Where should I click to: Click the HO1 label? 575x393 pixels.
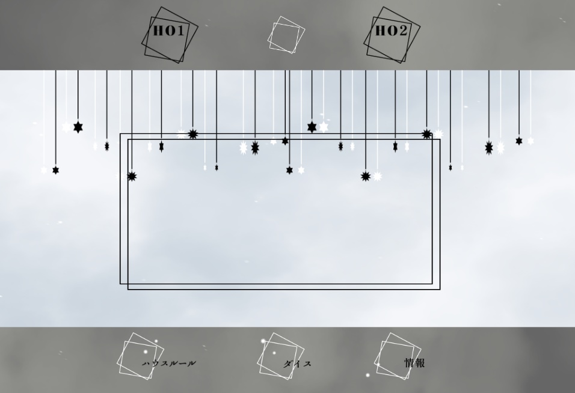[168, 31]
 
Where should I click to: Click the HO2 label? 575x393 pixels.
[392, 31]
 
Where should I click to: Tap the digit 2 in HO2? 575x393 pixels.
[403, 31]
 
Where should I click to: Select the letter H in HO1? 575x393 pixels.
[158, 31]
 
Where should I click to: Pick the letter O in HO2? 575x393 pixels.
[392, 31]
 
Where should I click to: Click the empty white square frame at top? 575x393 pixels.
[286, 35]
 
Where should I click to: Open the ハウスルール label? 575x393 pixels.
[169, 364]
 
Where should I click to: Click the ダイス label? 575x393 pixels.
[297, 364]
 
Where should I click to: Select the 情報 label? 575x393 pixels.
[415, 363]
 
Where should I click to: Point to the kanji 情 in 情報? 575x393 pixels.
[410, 363]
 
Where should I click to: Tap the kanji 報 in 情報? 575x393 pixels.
[420, 363]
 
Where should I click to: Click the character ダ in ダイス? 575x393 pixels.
[288, 364]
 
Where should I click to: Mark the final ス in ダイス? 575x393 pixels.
[307, 364]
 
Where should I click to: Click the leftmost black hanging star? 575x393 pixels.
[55, 170]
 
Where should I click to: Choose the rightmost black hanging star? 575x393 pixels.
[518, 141]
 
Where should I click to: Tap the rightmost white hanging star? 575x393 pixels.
[530, 141]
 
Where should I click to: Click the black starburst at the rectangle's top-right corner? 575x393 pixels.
[426, 135]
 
